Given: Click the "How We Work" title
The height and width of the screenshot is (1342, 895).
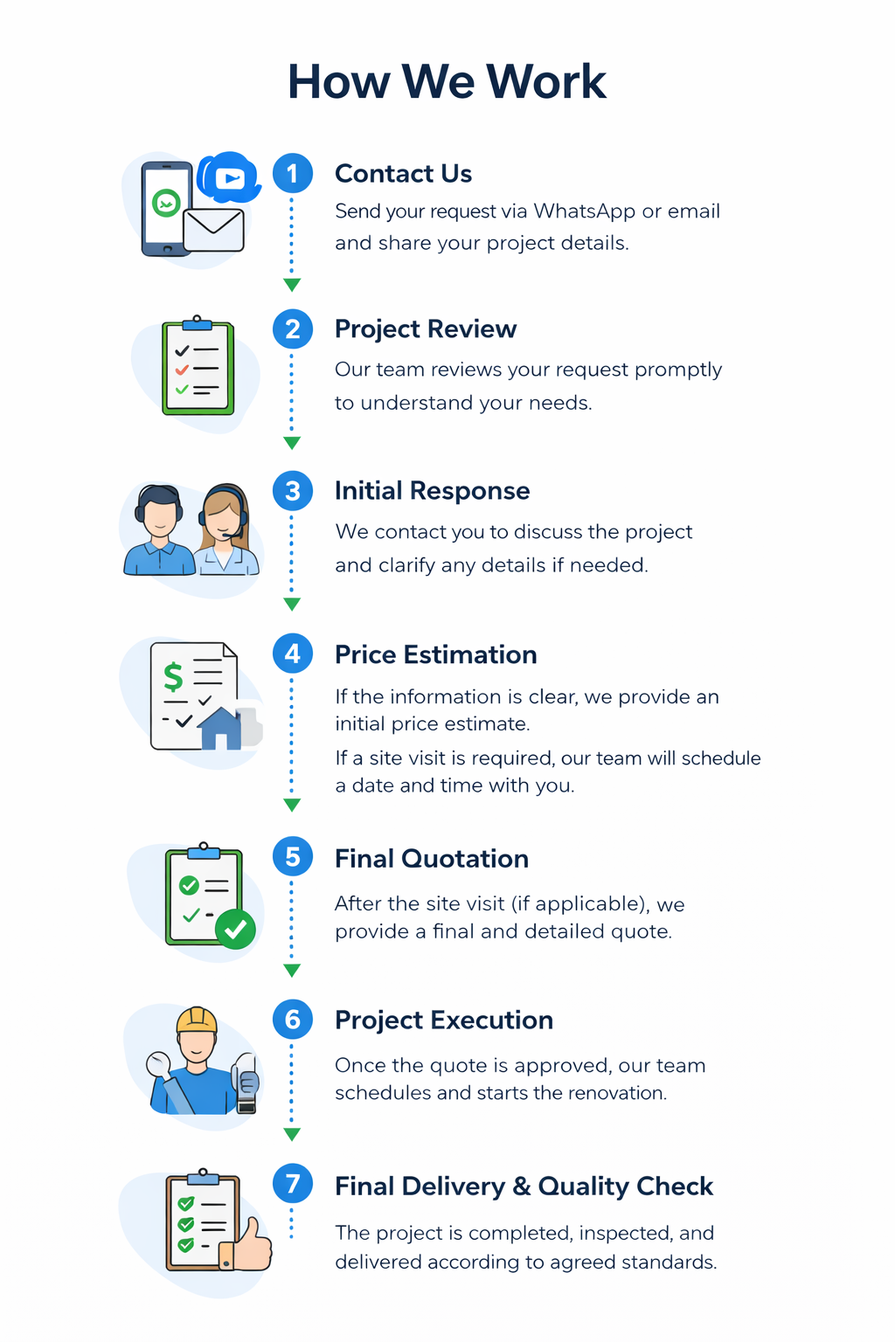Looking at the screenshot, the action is pyautogui.click(x=447, y=82).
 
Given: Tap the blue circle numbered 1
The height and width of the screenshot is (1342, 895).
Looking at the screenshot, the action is pyautogui.click(x=292, y=174).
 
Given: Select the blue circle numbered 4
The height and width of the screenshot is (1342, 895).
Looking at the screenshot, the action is pyautogui.click(x=292, y=654).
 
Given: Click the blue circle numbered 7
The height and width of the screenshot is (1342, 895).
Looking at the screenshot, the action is pyautogui.click(x=292, y=1184).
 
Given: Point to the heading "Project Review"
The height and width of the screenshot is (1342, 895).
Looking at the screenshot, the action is pyautogui.click(x=426, y=329).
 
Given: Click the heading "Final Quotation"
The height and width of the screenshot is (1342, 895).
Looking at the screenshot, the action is pyautogui.click(x=432, y=859).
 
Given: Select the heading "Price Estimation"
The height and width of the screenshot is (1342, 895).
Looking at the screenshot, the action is pyautogui.click(x=435, y=654).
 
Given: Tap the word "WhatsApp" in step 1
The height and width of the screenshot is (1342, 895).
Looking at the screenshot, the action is pyautogui.click(x=584, y=211).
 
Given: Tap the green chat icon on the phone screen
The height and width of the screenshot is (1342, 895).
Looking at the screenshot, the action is pyautogui.click(x=166, y=203).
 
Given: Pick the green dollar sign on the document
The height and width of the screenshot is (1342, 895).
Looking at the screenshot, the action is pyautogui.click(x=173, y=676).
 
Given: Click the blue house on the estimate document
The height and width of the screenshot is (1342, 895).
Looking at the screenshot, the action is pyautogui.click(x=221, y=729).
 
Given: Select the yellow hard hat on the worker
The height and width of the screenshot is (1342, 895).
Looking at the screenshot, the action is pyautogui.click(x=197, y=1020).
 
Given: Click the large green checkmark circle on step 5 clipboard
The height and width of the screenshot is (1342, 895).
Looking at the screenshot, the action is pyautogui.click(x=235, y=929).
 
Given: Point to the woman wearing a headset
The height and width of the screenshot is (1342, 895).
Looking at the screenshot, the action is pyautogui.click(x=225, y=530).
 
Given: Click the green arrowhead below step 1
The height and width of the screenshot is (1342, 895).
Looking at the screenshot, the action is pyautogui.click(x=292, y=285).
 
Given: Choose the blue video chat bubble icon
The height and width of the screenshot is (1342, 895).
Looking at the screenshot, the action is pyautogui.click(x=229, y=178).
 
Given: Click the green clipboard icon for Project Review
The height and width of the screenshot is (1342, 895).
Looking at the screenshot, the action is pyautogui.click(x=198, y=367).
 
